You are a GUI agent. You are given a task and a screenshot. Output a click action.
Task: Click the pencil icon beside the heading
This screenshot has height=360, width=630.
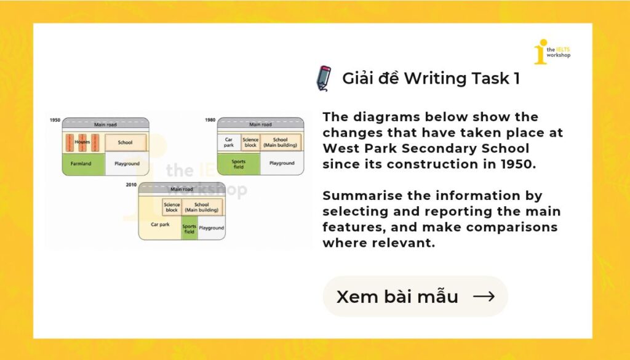coord(324,78)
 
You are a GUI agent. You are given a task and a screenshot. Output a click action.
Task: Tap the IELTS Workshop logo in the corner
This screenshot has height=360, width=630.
coord(552,52)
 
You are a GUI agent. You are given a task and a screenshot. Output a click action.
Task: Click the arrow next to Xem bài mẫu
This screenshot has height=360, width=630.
coord(484,297)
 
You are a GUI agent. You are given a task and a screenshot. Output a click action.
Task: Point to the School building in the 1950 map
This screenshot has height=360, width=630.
coord(126,143)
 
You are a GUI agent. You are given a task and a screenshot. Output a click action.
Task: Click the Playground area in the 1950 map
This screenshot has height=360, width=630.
coord(127,164)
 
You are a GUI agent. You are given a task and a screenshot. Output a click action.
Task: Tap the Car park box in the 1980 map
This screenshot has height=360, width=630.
coord(229,142)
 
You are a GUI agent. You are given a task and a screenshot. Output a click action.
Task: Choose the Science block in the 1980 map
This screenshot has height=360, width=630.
coord(250,142)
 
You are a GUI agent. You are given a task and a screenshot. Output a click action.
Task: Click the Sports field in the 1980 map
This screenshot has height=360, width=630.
coord(239,164)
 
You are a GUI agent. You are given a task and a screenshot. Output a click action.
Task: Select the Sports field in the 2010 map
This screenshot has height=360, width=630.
coord(189,228)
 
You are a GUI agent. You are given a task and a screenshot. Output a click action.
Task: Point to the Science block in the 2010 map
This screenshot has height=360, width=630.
coord(172,207)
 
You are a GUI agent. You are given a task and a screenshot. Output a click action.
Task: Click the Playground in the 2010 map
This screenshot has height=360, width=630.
coord(212,228)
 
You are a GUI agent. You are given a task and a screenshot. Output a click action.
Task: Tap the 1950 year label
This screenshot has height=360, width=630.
coord(55,120)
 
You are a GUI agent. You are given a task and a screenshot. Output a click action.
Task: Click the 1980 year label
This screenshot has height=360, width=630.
coord(210,120)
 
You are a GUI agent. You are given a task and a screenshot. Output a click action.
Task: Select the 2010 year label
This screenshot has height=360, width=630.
coord(132,185)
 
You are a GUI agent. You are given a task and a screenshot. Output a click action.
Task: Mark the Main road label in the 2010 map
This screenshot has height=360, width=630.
coord(181,190)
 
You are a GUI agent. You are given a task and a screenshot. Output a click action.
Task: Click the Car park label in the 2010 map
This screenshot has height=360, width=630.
coord(161,225)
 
